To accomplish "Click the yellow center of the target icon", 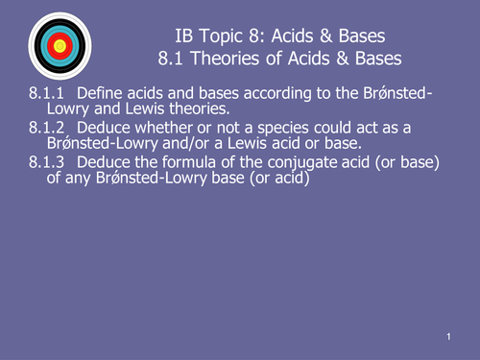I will click(x=60, y=45).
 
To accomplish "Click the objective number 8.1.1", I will click(x=45, y=93).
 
